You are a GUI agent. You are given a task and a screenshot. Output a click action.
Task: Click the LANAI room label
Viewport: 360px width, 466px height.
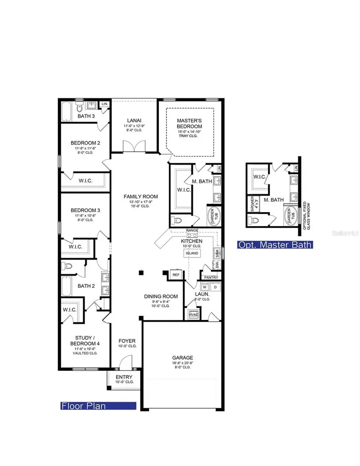[x=134, y=120]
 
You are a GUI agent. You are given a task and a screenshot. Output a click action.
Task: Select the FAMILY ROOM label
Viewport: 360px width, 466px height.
[x=140, y=196]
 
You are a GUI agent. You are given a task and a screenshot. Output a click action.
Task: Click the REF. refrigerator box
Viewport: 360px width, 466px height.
[x=175, y=275]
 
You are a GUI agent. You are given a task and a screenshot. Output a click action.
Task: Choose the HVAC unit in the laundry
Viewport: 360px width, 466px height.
[x=194, y=315]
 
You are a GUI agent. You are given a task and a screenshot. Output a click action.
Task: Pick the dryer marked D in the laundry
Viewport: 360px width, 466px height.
[x=214, y=287]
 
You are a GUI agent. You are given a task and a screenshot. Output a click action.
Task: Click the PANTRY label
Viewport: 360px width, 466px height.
[x=210, y=277]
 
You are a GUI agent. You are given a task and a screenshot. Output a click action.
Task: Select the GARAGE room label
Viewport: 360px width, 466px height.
[x=182, y=358]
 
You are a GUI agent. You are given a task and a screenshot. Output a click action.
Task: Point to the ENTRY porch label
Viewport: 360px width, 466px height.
[x=124, y=377]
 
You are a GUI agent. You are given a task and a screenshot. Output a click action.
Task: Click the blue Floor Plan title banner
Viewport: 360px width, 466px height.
[x=98, y=406]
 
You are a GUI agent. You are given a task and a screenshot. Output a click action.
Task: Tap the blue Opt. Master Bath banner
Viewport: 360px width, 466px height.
[x=274, y=244]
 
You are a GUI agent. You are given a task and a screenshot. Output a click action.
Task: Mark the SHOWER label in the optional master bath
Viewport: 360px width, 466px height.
[x=252, y=204]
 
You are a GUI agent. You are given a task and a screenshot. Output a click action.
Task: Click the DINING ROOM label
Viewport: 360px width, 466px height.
[x=161, y=296]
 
